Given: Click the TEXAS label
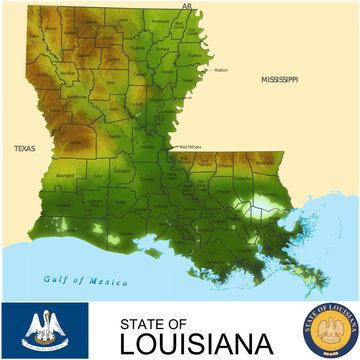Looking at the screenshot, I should pyautogui.click(x=24, y=148).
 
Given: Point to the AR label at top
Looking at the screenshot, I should pyautogui.click(x=186, y=5).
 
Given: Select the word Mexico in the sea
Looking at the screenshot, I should pyautogui.click(x=107, y=282).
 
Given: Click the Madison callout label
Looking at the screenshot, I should pyautogui.click(x=221, y=70).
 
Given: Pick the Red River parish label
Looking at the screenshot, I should pyautogui.click(x=68, y=73).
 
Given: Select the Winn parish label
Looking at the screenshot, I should pyautogui.click(x=110, y=82).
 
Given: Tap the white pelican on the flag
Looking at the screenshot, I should pyautogui.click(x=44, y=327).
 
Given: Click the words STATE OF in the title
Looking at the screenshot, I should pyautogui.click(x=153, y=323).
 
